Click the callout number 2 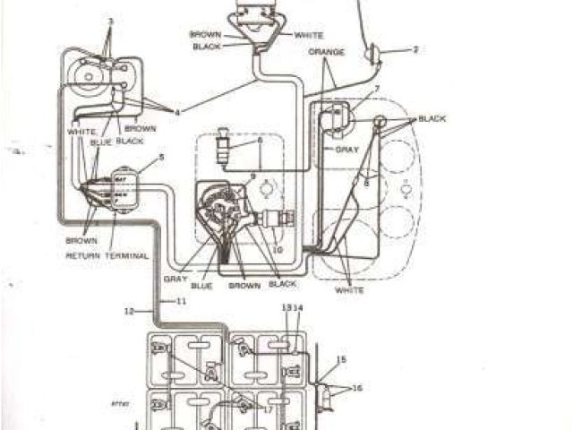point(415,50)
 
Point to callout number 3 point(111,21)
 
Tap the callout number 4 point(177,112)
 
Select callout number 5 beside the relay point(161,158)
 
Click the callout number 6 point(260,141)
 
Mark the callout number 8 point(365,183)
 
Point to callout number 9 point(253,176)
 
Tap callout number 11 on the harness point(180,301)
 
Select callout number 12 point(129,311)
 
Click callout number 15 point(340,360)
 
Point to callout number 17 point(266,409)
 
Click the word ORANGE point(326,52)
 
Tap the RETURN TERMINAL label point(107,255)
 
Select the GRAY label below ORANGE point(346,150)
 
